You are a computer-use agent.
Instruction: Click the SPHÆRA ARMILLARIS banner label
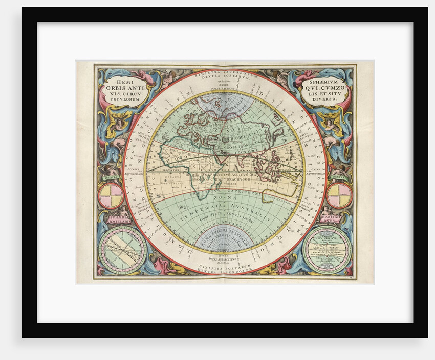(118, 219)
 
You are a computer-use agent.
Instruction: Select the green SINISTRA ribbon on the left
(111, 178)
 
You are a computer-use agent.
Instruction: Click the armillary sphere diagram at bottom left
(123, 250)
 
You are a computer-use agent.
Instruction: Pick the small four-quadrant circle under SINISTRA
(111, 196)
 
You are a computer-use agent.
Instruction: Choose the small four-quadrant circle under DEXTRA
(339, 196)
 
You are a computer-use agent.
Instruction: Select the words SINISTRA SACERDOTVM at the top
(225, 73)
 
